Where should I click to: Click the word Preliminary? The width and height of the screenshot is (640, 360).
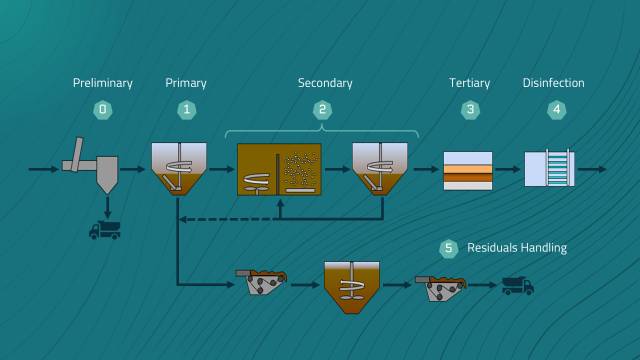tap(102, 83)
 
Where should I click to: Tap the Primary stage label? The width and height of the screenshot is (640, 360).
tap(186, 83)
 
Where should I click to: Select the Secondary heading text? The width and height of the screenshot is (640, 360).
tap(325, 83)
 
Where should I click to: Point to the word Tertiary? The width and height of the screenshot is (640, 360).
tap(469, 83)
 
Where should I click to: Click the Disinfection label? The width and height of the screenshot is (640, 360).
tap(553, 83)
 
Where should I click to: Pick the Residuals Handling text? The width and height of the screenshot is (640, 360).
tap(517, 247)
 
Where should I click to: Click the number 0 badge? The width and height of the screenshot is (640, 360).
tap(102, 110)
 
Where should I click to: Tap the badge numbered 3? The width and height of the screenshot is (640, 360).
tap(470, 110)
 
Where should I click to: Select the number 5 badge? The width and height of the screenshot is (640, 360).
tap(448, 248)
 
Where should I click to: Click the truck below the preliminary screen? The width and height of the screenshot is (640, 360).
tap(104, 230)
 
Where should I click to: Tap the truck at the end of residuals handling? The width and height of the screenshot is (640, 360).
tap(518, 285)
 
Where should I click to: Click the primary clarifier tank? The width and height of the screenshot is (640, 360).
tap(179, 168)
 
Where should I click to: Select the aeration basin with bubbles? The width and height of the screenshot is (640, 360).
tap(279, 169)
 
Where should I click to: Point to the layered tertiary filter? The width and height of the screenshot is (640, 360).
tap(468, 170)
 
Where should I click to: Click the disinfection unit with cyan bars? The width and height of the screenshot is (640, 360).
tap(549, 169)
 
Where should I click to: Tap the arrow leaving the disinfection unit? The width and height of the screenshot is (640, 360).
tap(592, 169)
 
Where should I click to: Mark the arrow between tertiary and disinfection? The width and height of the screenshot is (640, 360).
tap(508, 169)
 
